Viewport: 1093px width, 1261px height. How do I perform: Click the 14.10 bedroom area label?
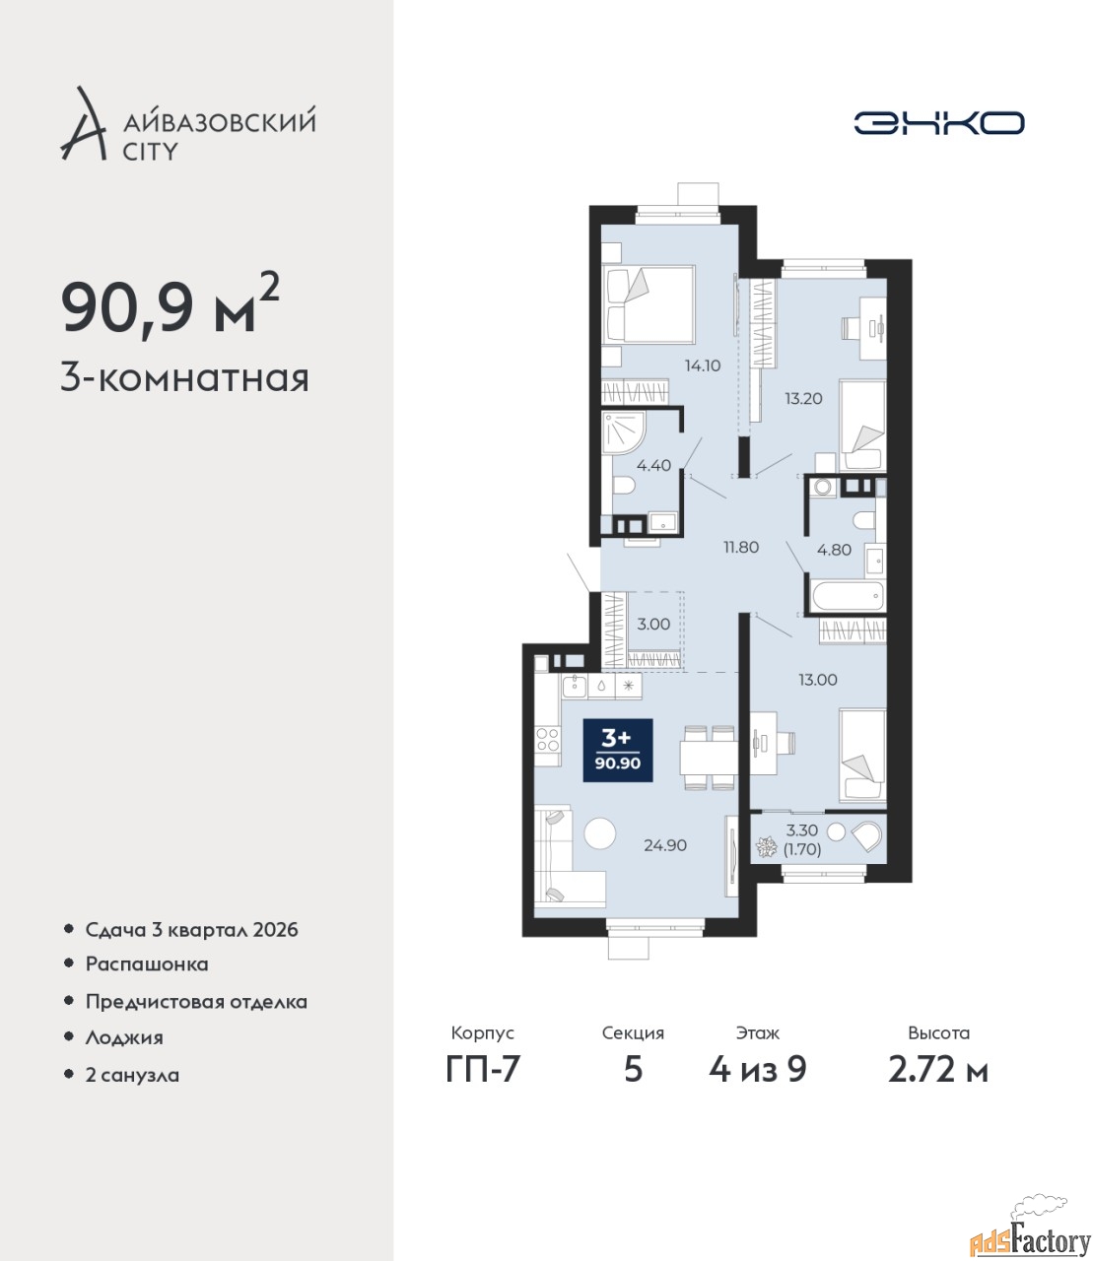click(x=703, y=365)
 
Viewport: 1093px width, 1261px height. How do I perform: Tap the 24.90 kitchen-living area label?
click(x=665, y=845)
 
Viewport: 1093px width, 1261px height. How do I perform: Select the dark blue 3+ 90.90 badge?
click(x=618, y=750)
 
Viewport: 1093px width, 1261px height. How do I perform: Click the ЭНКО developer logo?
click(x=938, y=122)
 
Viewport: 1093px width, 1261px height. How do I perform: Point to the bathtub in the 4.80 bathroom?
click(x=848, y=595)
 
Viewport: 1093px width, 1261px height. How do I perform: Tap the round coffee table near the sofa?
click(x=599, y=832)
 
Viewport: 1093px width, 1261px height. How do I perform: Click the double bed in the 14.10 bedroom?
click(x=649, y=304)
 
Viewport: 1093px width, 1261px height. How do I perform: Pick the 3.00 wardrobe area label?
click(x=653, y=624)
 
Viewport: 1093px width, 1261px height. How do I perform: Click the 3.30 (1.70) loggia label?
click(x=802, y=839)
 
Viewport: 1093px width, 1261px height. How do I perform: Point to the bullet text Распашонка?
click(x=147, y=963)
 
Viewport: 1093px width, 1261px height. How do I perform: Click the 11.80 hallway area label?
click(x=741, y=547)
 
